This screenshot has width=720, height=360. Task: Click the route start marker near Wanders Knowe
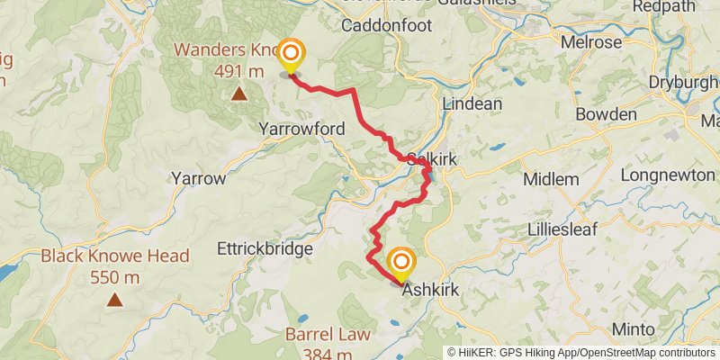coord(290,56)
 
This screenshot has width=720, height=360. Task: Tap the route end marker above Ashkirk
coord(400,263)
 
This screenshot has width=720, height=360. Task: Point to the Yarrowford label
coord(301,130)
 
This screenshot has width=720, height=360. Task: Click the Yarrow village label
coord(198,178)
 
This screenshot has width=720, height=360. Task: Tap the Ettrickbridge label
coord(265,248)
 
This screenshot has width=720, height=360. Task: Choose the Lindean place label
coord(472,103)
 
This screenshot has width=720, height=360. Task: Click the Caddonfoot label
coord(387,25)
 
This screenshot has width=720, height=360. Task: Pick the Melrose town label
coord(590,42)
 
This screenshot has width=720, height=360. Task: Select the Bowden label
coord(606,115)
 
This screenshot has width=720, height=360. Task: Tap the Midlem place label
coord(551,179)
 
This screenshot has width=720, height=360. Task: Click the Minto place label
coord(632,328)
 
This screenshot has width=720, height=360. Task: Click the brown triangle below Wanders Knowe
coord(238,93)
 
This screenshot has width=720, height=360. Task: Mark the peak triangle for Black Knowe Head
coord(114,300)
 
